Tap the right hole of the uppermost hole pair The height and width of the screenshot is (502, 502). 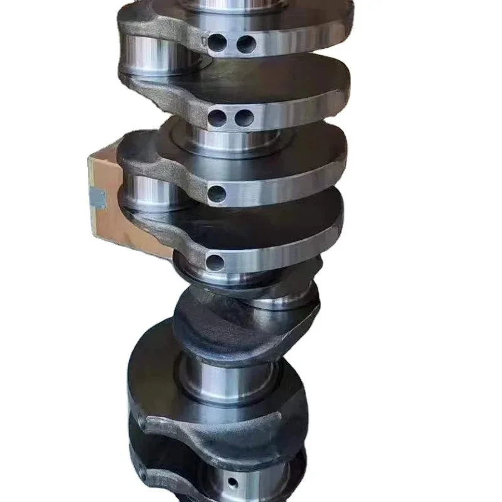point(246,44)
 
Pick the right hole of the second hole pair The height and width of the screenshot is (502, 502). point(245,117)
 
